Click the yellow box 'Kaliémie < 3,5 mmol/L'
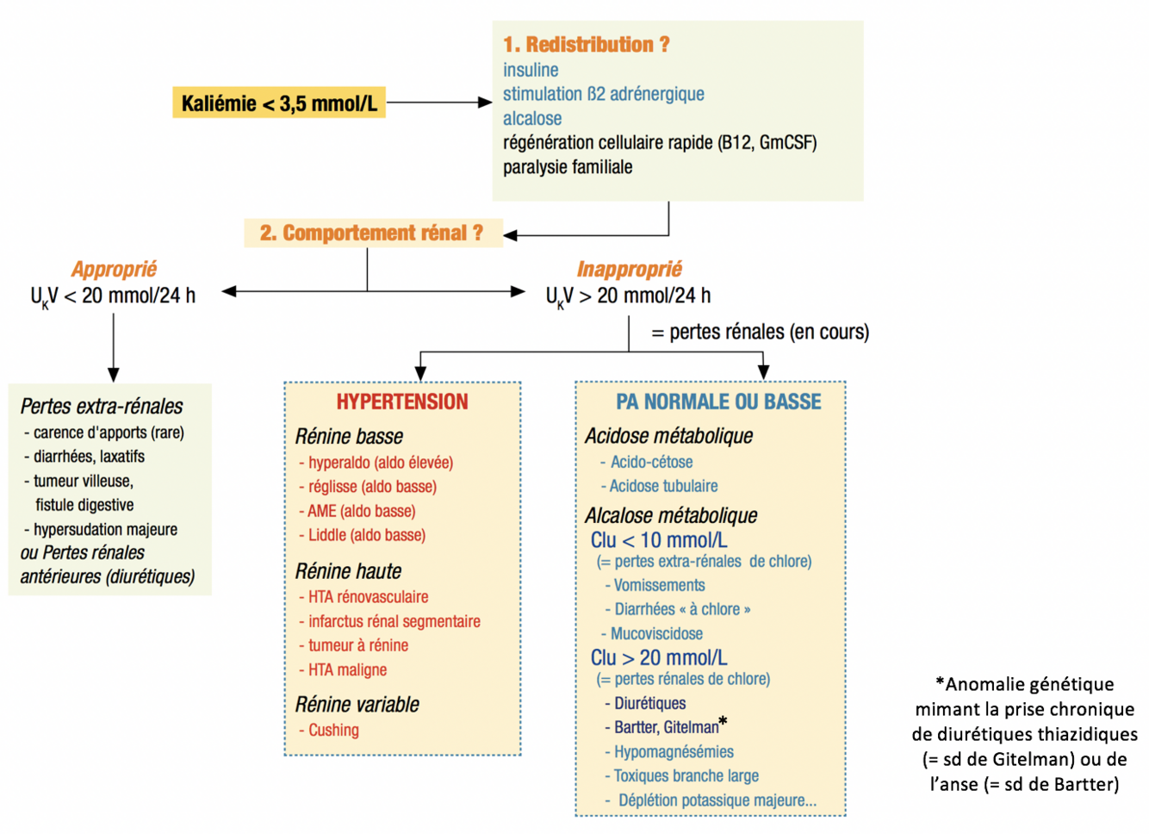[x=278, y=103]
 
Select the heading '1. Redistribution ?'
[x=586, y=45]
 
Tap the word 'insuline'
[x=531, y=70]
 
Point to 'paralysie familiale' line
[x=568, y=167]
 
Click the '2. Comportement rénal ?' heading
[x=371, y=233]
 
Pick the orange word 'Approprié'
[x=114, y=270]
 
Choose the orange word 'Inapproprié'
[x=629, y=270]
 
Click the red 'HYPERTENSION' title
[x=402, y=401]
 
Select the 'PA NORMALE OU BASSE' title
[x=718, y=401]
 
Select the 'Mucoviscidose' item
[x=656, y=633]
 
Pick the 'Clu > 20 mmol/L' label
[x=659, y=658]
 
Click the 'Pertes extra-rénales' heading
[x=102, y=406]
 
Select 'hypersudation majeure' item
[x=105, y=529]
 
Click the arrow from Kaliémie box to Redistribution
[x=438, y=103]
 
